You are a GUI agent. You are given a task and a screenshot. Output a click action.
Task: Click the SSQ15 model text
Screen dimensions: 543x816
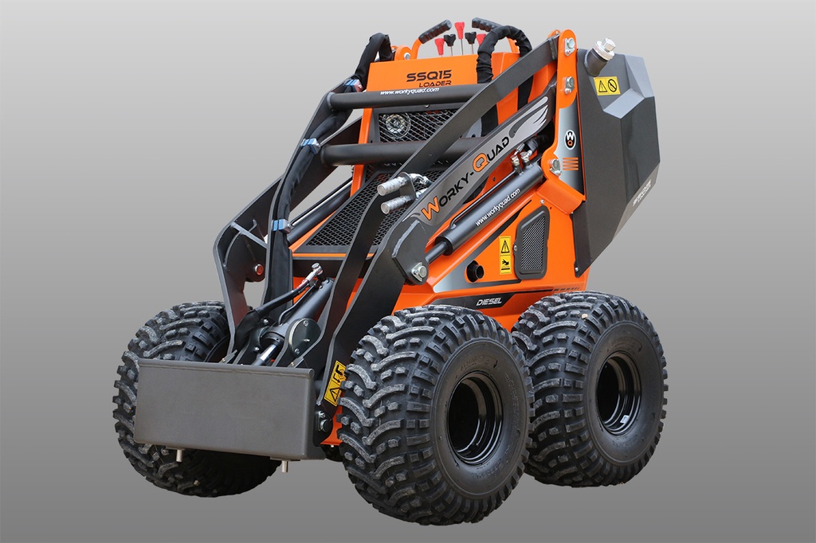click(429, 76)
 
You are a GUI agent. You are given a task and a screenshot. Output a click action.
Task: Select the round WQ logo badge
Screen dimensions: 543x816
click(570, 139)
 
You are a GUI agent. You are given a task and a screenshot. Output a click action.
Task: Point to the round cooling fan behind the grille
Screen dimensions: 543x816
click(396, 125)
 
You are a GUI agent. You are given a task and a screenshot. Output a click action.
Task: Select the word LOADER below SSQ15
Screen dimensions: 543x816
click(435, 84)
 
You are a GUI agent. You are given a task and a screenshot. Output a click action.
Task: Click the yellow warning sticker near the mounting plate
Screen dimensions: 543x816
click(334, 382)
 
